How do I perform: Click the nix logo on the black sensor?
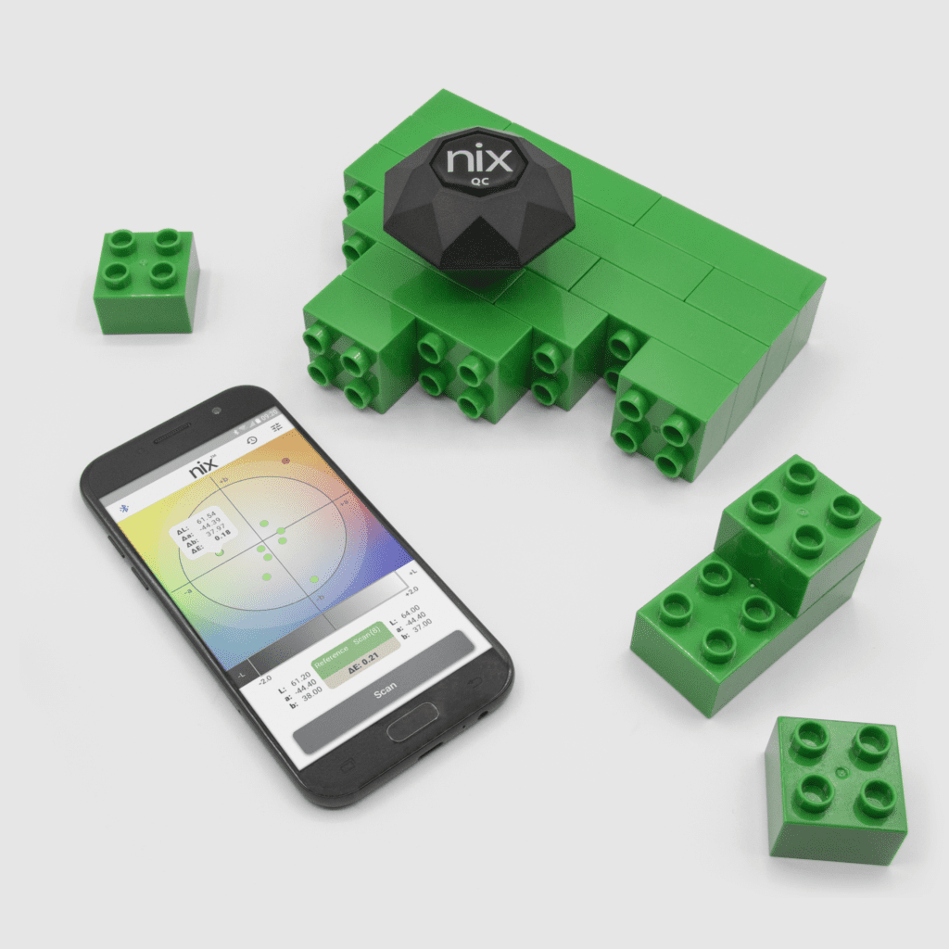(477, 159)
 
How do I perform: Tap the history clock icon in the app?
(251, 439)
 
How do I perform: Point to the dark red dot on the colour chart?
(285, 461)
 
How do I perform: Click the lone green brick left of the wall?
(146, 280)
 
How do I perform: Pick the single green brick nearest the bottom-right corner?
(835, 788)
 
